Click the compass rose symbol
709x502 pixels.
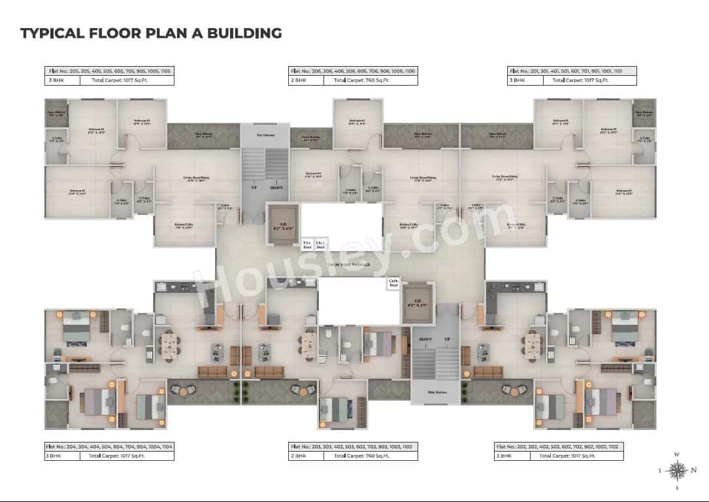click(678, 469)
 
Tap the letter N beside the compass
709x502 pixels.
click(695, 470)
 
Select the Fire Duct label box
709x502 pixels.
click(307, 244)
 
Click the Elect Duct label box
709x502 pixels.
click(320, 244)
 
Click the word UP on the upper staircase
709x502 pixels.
click(254, 187)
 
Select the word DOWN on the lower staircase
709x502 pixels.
click(425, 340)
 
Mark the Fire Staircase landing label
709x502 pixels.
click(264, 135)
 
